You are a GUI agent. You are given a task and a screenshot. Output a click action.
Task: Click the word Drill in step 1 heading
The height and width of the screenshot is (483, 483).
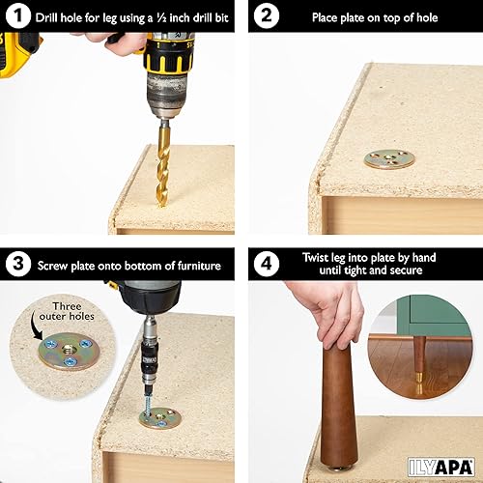[x=50, y=17]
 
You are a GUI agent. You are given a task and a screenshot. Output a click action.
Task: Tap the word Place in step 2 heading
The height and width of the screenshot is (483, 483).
[x=328, y=17]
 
